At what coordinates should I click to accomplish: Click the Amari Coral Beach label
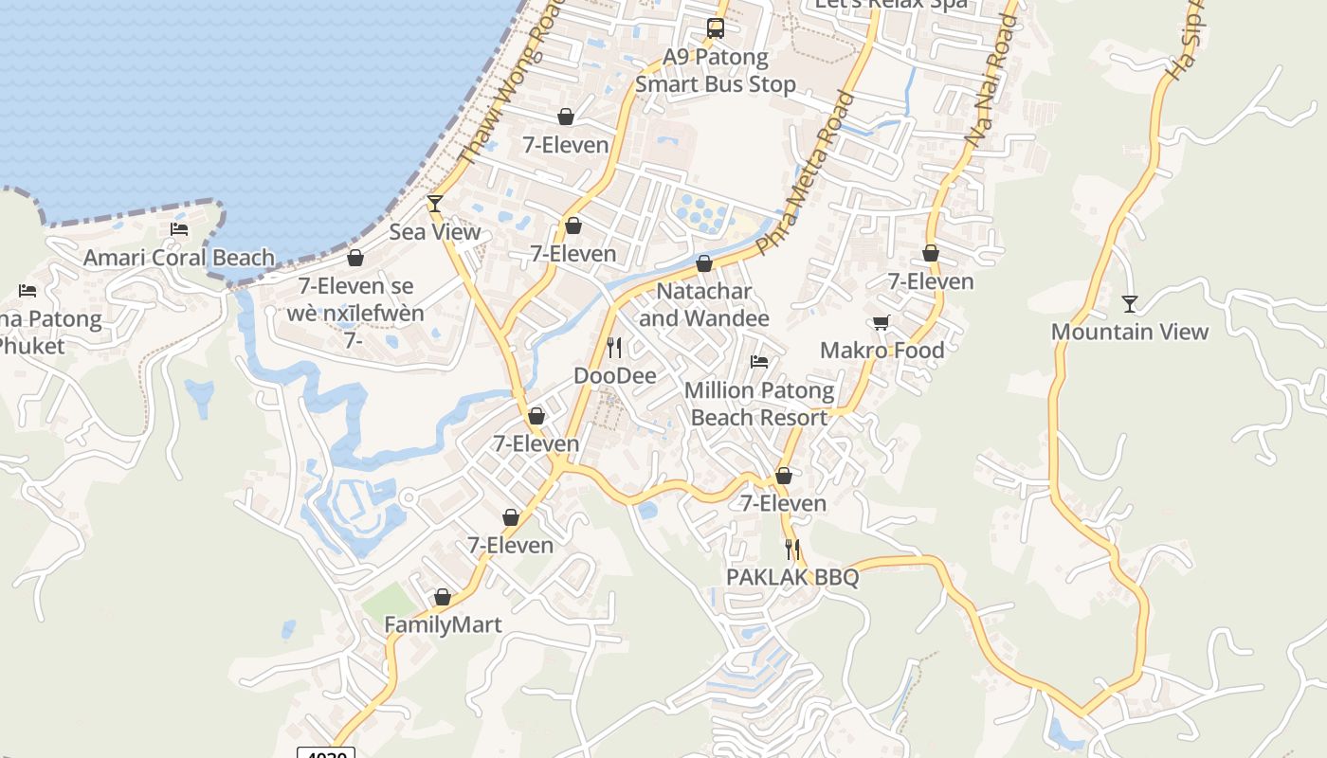(179, 258)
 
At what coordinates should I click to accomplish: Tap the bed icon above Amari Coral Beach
(178, 229)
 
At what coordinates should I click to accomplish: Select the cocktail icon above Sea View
(435, 203)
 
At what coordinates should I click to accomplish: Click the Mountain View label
(1130, 332)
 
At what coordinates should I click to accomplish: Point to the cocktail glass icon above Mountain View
(1130, 304)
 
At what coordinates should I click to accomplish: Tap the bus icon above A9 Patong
(716, 28)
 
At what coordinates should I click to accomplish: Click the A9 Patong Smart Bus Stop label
(716, 71)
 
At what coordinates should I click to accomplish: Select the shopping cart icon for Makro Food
(882, 323)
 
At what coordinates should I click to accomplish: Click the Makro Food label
(882, 351)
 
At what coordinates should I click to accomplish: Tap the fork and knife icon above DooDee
(614, 348)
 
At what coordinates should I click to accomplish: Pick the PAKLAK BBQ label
(792, 577)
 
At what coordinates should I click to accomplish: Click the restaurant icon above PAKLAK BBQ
(792, 550)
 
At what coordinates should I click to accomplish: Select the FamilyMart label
(443, 625)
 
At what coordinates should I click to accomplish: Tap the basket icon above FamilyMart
(443, 598)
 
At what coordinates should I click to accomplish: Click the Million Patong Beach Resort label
(759, 404)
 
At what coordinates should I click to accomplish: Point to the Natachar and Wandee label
(704, 305)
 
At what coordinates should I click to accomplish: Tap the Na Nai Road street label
(992, 81)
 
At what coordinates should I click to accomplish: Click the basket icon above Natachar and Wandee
(704, 263)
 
